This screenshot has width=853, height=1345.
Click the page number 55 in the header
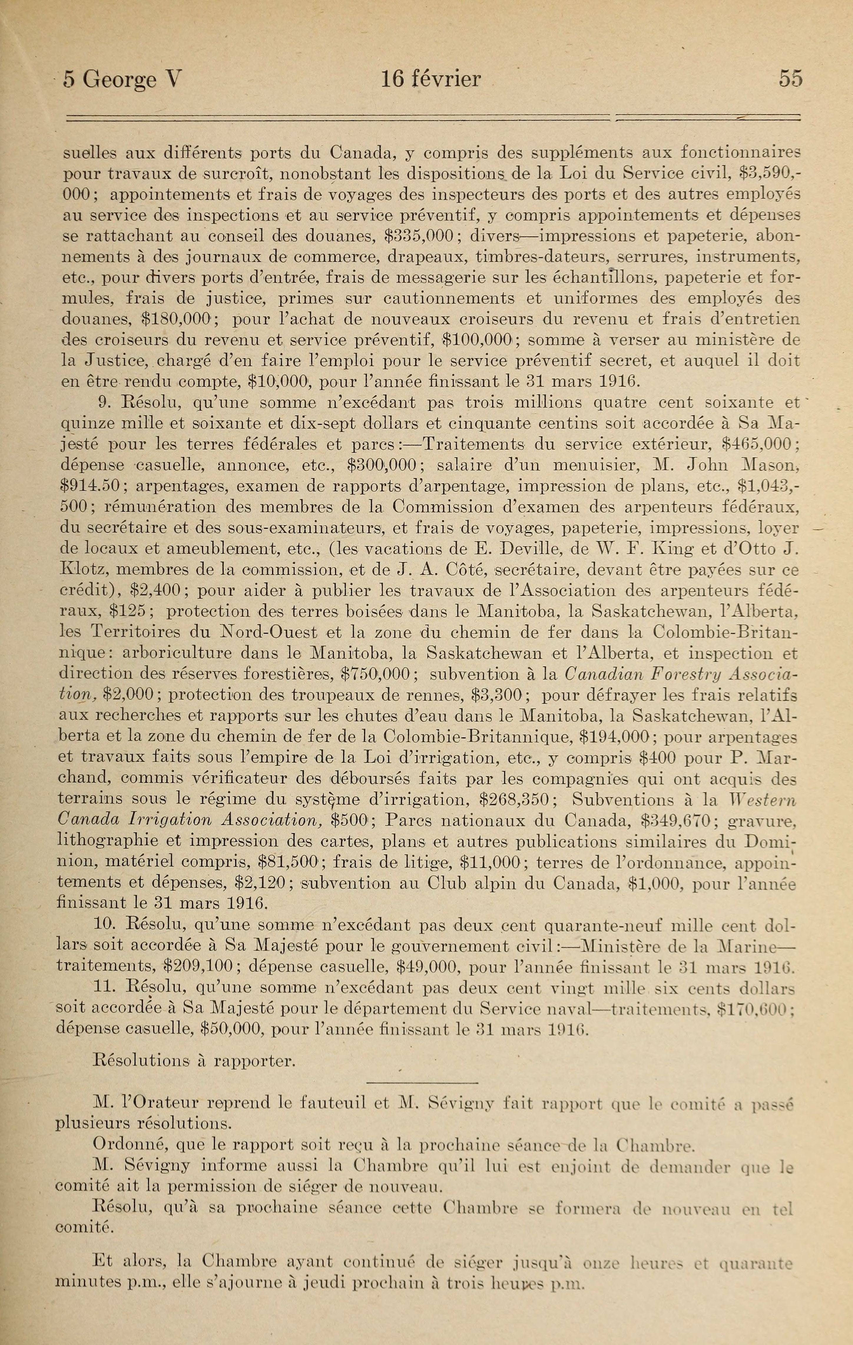click(x=791, y=79)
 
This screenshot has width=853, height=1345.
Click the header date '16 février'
click(x=430, y=79)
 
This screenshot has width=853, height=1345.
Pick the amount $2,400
click(x=160, y=591)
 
